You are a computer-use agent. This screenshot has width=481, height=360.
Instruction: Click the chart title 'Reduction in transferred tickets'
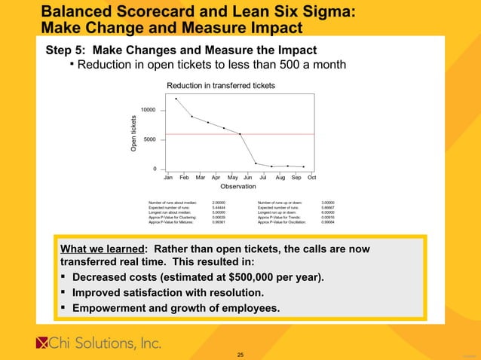220,86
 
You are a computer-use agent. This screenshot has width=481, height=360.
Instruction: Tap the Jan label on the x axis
169,177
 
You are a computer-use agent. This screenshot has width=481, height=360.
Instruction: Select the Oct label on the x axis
311,177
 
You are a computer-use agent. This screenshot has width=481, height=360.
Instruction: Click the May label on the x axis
232,177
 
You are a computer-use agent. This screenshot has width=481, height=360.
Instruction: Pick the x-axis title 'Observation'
238,186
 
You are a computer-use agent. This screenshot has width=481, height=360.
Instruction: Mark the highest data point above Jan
176,99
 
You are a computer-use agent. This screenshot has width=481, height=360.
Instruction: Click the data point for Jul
256,163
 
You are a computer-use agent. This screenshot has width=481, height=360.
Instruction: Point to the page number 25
240,354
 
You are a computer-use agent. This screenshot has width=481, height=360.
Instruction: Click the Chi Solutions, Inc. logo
99,343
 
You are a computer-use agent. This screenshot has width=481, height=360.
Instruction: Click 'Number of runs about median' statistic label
173,203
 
